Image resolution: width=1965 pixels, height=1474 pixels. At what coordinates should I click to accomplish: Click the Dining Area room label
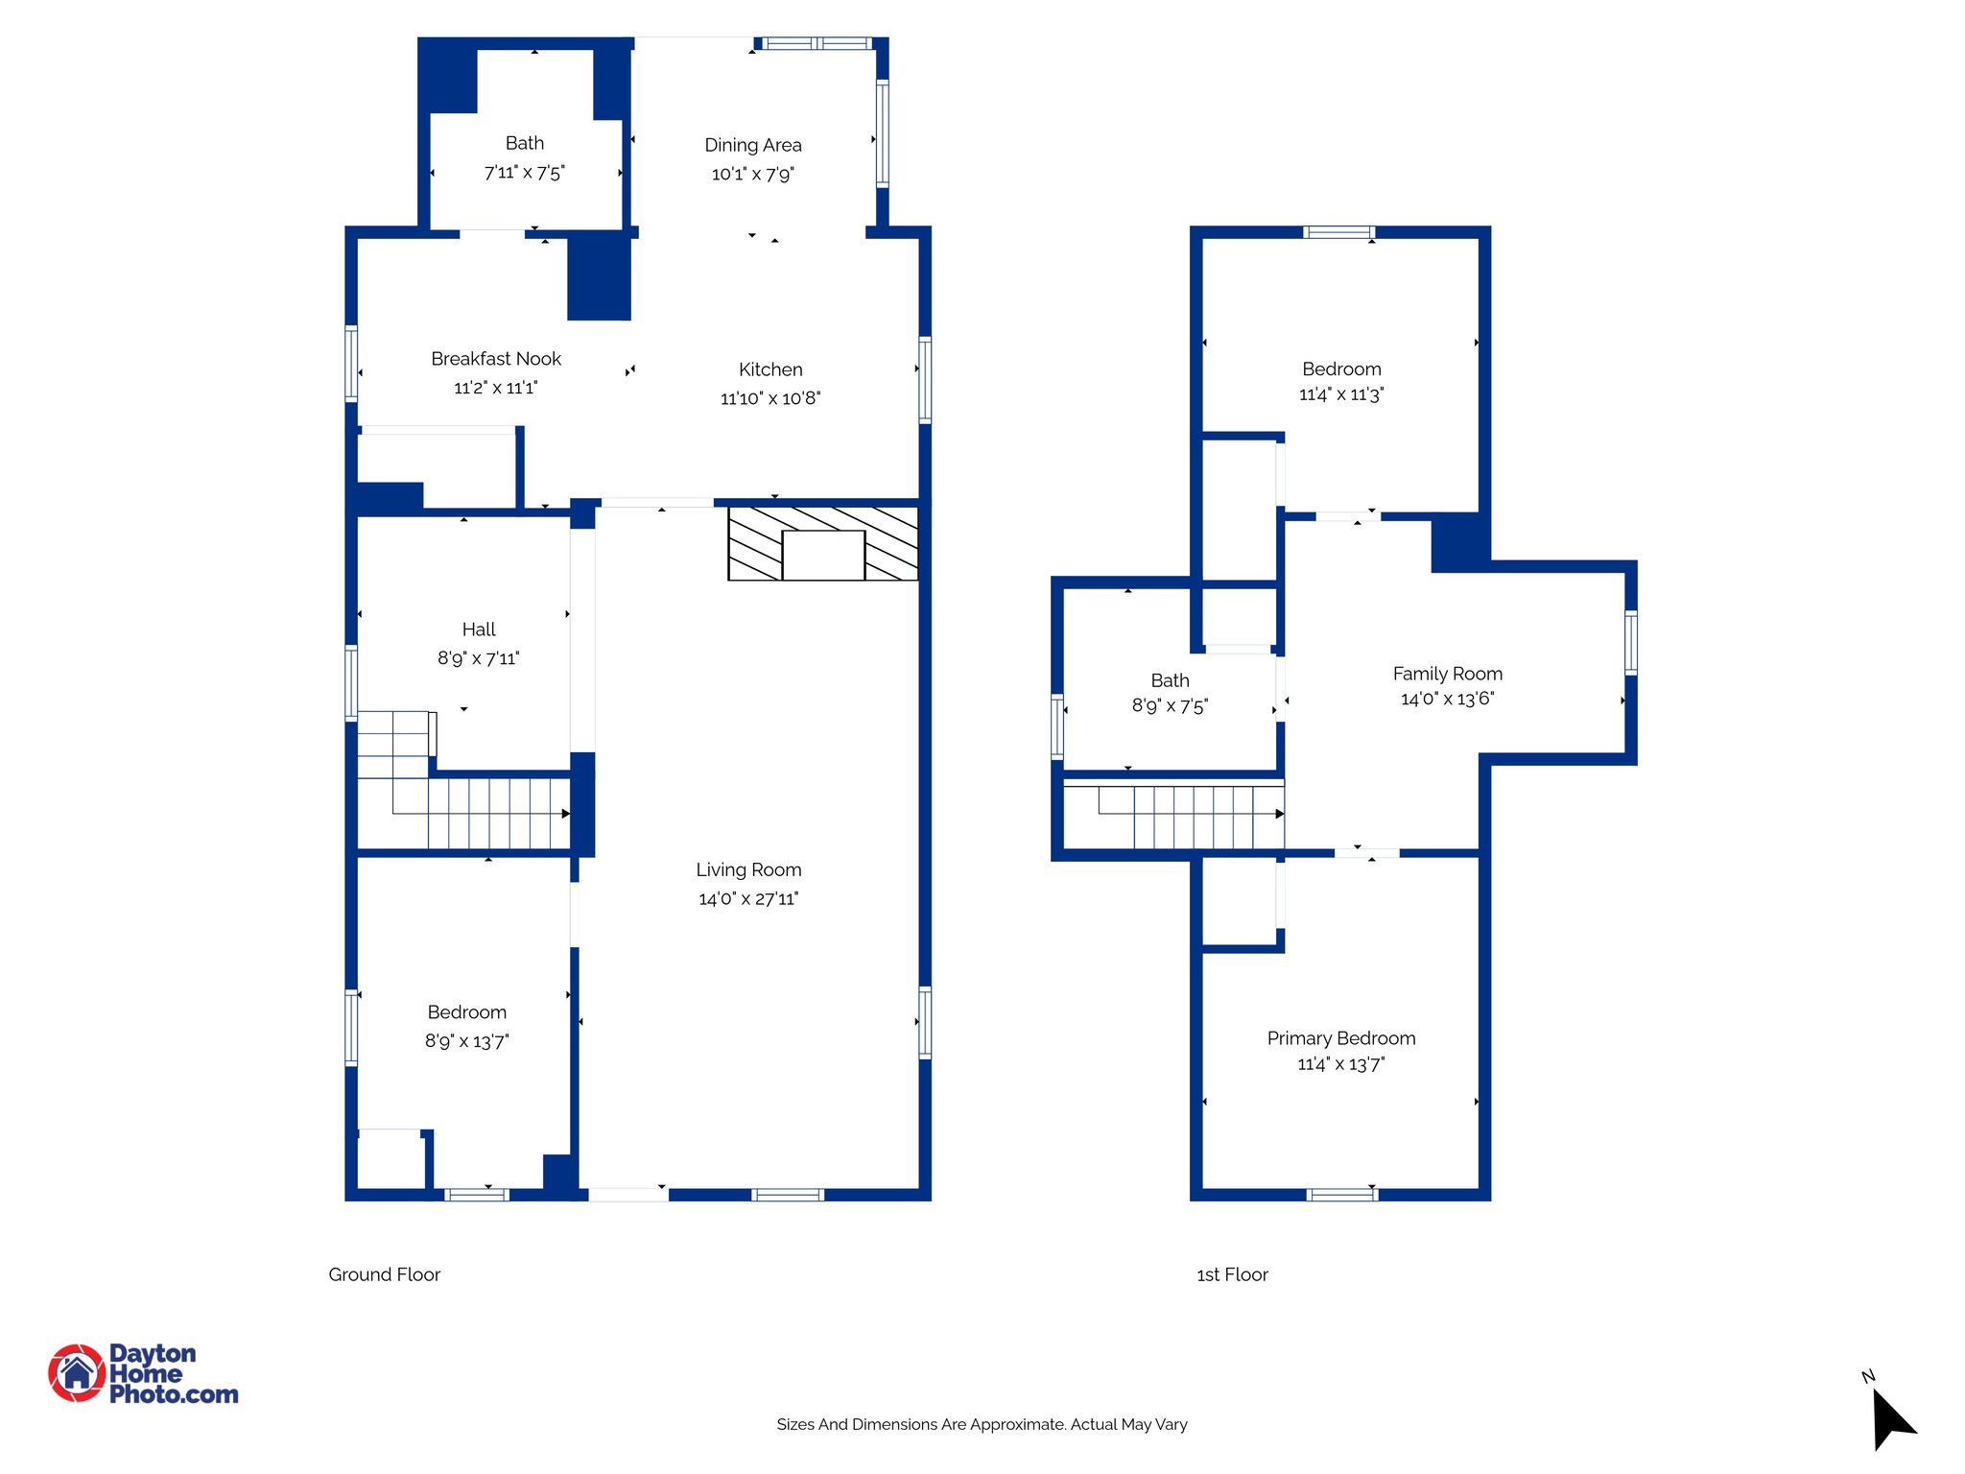[752, 145]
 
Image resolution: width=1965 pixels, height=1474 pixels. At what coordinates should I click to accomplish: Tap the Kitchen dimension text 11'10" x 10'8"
[770, 398]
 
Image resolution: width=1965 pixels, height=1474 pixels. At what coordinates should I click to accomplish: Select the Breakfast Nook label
[496, 359]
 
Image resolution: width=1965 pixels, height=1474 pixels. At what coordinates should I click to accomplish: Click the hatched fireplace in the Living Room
[822, 544]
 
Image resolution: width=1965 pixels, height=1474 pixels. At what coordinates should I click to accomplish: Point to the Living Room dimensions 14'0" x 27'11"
[748, 899]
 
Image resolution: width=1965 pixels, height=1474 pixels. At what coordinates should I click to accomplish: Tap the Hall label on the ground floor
[479, 630]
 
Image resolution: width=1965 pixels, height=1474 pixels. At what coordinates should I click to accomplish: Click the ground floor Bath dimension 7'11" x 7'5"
[524, 173]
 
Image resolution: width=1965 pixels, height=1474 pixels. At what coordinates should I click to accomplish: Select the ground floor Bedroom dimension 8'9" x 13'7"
[467, 1041]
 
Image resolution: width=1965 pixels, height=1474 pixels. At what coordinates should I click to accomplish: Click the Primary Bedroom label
[1340, 1038]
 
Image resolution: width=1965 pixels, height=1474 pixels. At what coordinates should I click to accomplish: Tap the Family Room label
[1447, 674]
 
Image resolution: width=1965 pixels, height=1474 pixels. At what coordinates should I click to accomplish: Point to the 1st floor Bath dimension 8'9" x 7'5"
[1170, 706]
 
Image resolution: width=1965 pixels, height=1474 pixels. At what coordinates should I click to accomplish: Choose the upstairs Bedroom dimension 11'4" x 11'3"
[1340, 394]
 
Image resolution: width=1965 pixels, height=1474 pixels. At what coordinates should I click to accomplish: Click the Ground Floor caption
[384, 1274]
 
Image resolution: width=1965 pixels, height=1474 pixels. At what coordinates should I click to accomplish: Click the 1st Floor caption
[1232, 1274]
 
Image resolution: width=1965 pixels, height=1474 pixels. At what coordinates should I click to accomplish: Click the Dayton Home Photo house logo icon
[77, 1373]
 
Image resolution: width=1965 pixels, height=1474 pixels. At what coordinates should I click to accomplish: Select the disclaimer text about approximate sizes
[982, 1424]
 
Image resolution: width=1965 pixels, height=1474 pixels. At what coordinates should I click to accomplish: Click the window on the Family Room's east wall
[1630, 642]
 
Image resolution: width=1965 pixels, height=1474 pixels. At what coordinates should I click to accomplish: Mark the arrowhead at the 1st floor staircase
[1280, 814]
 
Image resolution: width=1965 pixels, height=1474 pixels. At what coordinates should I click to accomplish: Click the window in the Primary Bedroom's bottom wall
[1342, 1195]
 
